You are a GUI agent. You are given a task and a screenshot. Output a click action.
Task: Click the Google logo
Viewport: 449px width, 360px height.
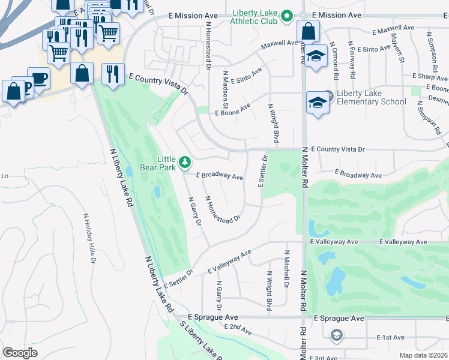coord(20,352)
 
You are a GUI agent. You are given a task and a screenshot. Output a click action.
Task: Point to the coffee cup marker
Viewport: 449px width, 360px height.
coord(39,79)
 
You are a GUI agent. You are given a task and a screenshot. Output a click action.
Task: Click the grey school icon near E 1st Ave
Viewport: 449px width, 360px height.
coord(337,335)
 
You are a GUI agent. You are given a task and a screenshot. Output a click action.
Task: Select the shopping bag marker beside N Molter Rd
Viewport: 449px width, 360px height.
coord(307,31)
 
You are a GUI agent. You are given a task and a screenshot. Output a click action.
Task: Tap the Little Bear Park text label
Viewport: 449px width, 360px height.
coord(166,163)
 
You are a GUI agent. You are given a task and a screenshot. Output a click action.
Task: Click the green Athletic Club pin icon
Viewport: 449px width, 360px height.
coord(287,16)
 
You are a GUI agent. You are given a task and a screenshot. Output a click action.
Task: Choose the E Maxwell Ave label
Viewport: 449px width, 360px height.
coord(394,28)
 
